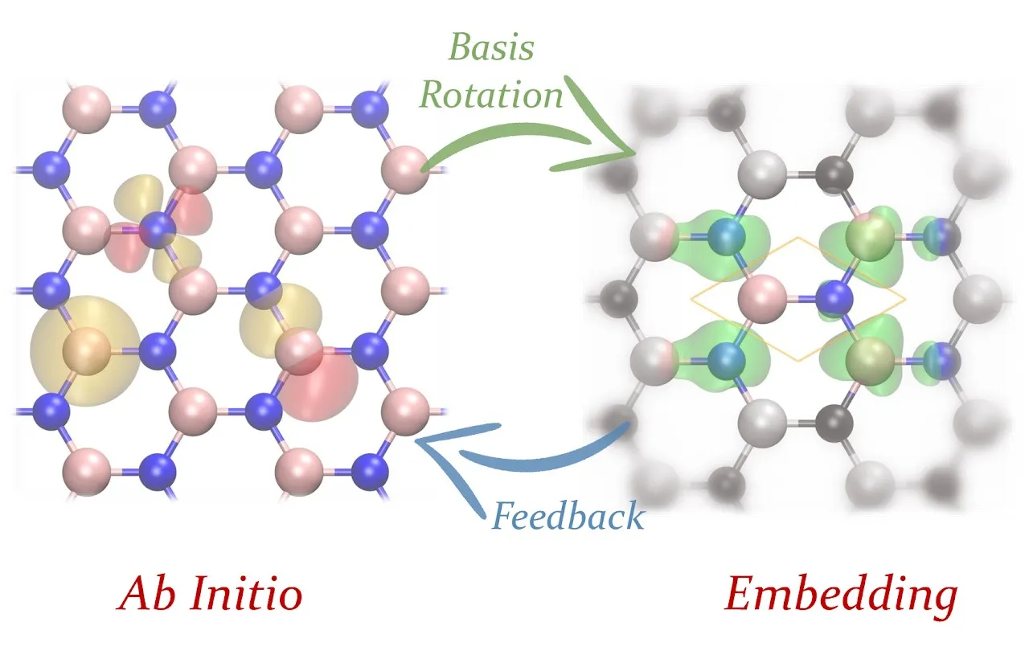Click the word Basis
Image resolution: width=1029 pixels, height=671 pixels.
pyautogui.click(x=491, y=49)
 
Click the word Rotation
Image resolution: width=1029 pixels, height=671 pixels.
pyautogui.click(x=492, y=96)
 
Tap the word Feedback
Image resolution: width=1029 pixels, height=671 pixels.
pyautogui.click(x=568, y=515)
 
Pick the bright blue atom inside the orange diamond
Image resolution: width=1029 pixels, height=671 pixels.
pyautogui.click(x=834, y=300)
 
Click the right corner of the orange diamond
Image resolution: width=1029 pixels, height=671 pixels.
pyautogui.click(x=904, y=300)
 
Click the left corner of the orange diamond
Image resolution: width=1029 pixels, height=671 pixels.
pyautogui.click(x=692, y=300)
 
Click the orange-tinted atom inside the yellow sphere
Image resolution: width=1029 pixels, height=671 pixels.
pyautogui.click(x=90, y=350)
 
